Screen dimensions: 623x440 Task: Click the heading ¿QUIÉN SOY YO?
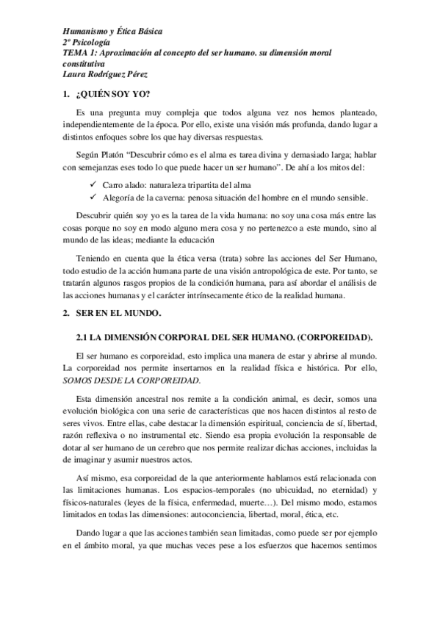coord(112,95)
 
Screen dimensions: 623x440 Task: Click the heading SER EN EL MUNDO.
coord(118,314)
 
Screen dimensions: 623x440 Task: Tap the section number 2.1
coord(83,337)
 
